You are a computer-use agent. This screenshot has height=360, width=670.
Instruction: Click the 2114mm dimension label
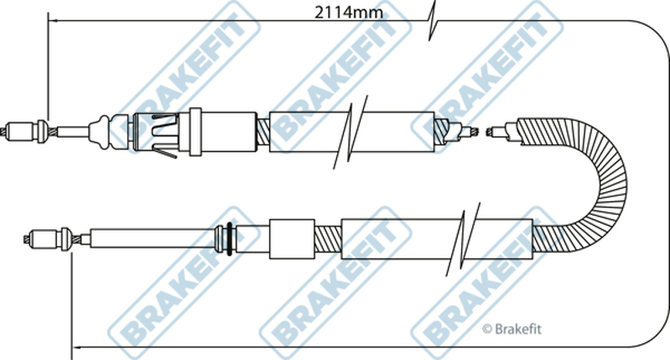349,13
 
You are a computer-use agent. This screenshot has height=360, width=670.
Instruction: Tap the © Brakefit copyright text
512,329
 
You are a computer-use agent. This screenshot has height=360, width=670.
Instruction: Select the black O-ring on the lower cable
230,238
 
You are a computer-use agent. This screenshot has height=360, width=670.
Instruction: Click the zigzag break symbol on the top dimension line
432,20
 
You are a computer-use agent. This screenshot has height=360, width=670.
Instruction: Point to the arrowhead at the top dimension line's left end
52,20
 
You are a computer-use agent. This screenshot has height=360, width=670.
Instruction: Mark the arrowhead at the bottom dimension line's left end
76,347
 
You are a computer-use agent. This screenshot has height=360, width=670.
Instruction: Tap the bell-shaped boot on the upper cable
101,132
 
